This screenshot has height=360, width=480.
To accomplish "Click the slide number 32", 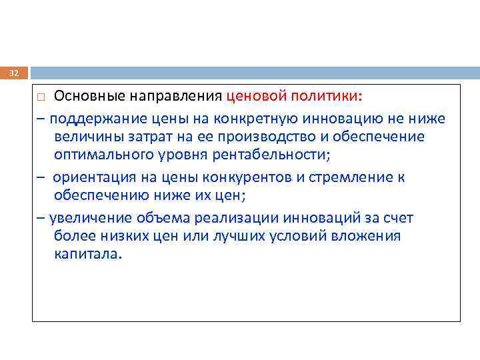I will [14, 73].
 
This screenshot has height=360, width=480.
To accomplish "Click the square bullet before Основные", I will [41, 97].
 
